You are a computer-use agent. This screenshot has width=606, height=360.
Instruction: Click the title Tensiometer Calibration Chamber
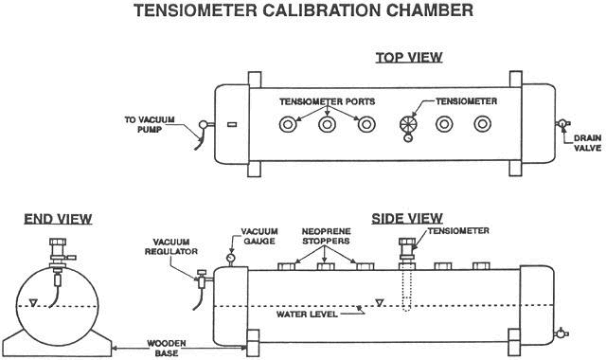tap(303, 10)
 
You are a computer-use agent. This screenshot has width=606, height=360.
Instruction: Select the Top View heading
tap(409, 58)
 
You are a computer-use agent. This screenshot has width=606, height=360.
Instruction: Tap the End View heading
tap(58, 219)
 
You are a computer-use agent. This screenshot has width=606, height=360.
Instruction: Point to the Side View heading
tap(407, 219)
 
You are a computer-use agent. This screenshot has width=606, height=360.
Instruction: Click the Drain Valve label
tap(587, 143)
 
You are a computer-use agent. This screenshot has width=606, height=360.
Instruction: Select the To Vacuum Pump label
tap(150, 124)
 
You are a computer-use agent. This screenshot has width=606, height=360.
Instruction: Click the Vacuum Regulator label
tap(171, 246)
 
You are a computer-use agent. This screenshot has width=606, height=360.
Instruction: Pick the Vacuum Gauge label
tap(259, 236)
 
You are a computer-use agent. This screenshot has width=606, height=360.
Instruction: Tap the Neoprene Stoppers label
tap(326, 236)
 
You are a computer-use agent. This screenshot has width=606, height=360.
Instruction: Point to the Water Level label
tap(307, 314)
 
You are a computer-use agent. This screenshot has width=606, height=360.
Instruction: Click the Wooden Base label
tap(167, 349)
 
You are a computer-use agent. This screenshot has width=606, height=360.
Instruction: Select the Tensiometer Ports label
tap(328, 101)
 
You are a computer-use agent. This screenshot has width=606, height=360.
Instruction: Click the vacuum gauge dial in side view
tap(231, 258)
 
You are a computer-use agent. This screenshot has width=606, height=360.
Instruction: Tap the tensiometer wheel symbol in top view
tap(408, 124)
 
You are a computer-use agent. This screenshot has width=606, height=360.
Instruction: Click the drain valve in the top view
tap(562, 124)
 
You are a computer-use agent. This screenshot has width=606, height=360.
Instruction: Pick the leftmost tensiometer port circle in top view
tap(288, 124)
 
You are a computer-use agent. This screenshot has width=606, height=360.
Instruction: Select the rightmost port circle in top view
tap(483, 124)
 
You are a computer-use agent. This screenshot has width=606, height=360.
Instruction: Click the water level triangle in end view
tap(34, 303)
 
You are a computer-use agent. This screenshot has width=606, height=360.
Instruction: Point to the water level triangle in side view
tap(380, 303)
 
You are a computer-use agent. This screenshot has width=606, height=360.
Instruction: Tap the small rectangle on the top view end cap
tap(232, 124)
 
